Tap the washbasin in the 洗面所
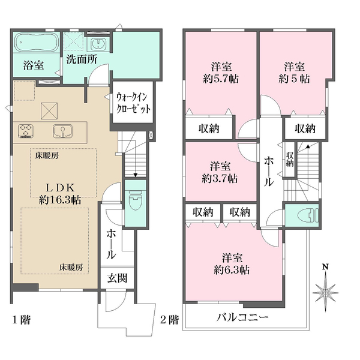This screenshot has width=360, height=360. click(99, 44)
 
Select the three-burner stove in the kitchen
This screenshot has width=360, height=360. click(26, 131)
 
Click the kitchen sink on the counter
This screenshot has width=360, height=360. click(63, 131)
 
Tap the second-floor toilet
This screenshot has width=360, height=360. click(308, 216)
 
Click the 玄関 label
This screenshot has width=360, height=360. click(117, 278)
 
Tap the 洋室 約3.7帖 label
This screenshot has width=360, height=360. click(220, 172)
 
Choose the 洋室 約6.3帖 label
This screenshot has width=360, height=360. click(232, 264)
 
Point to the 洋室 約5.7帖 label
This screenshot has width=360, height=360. click(221, 73)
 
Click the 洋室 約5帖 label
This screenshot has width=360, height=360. click(295, 73)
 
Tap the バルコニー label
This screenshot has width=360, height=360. click(242, 318)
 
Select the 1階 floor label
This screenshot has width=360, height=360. click(21, 320)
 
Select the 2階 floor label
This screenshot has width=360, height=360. click(169, 320)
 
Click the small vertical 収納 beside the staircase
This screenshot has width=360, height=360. click(290, 160)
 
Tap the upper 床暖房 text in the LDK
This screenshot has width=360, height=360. click(47, 156)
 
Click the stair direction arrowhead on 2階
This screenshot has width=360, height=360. click(308, 146)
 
